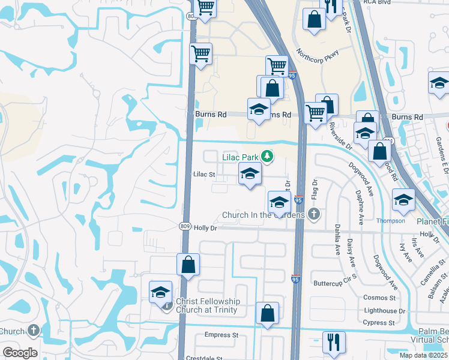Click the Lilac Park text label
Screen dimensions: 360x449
pyautogui.click(x=240, y=158)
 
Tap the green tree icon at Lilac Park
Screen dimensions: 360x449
pyautogui.click(x=267, y=157)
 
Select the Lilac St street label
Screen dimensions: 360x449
pyautogui.click(x=204, y=175)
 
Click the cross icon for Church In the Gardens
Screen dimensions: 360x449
pyautogui.click(x=313, y=214)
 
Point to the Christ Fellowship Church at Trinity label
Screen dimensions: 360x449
pyautogui.click(x=207, y=306)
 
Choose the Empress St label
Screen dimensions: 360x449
pyautogui.click(x=221, y=335)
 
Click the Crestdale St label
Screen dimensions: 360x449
pyautogui.click(x=204, y=358)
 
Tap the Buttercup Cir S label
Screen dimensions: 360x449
pyautogui.click(x=336, y=283)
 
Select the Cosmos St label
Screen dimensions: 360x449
pyautogui.click(x=380, y=298)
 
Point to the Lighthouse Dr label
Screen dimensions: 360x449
pyautogui.click(x=381, y=311)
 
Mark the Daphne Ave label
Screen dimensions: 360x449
pyautogui.click(x=360, y=207)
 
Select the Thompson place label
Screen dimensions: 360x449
pyautogui.click(x=390, y=220)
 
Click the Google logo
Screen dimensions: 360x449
pyautogui.click(x=19, y=353)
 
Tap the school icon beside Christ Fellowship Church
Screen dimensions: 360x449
pyautogui.click(x=161, y=293)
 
